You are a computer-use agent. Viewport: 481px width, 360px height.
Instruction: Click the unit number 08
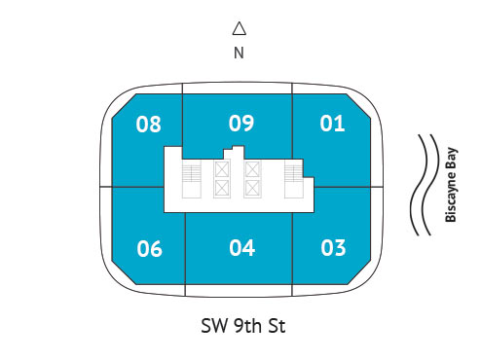(148, 124)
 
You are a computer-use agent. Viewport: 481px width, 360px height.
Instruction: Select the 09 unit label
(240, 124)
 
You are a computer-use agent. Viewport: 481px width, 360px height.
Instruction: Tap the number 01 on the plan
(332, 124)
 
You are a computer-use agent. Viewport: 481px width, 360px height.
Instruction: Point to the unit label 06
(149, 249)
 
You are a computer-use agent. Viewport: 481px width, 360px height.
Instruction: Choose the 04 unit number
(241, 248)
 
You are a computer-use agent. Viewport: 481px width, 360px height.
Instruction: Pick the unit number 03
(333, 248)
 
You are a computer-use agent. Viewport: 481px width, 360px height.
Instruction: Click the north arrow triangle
(240, 28)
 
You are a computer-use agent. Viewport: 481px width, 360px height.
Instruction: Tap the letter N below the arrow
(239, 53)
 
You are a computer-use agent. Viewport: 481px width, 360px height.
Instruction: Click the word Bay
(451, 158)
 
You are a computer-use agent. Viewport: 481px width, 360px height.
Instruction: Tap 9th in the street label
(248, 326)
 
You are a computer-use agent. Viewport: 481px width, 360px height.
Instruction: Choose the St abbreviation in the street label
(277, 326)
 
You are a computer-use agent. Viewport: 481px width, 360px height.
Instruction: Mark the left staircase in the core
(192, 180)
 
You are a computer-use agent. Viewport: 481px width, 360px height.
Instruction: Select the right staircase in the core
(294, 180)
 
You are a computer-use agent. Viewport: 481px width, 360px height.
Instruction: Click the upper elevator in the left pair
(222, 169)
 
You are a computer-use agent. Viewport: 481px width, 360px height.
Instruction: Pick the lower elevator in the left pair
(222, 189)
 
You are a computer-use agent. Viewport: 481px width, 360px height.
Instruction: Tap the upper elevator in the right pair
(252, 169)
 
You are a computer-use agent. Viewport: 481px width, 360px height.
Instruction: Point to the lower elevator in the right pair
(252, 189)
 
